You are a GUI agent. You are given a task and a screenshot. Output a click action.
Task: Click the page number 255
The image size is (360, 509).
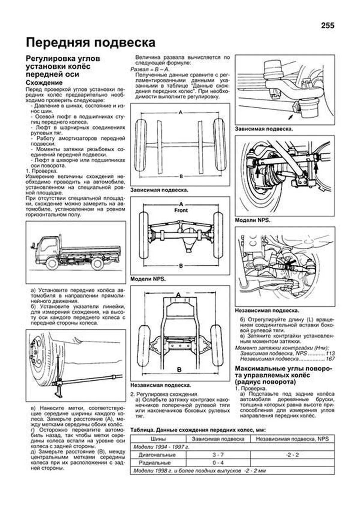pos(327,26)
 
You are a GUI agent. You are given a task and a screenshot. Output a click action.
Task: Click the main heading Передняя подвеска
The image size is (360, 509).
pos(91,43)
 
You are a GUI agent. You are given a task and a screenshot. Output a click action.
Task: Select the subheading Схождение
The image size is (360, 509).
pos(44,82)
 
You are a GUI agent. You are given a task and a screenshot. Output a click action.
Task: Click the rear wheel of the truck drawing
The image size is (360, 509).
pos(97,264)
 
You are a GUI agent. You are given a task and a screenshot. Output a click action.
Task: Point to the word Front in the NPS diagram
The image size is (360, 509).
pos(181,210)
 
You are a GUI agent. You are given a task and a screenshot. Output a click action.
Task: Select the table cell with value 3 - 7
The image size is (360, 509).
pos(218,455)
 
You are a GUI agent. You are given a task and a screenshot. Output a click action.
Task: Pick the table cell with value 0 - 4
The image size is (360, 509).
pos(218,463)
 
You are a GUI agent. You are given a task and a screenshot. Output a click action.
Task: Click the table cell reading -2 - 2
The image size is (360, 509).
pos(292,455)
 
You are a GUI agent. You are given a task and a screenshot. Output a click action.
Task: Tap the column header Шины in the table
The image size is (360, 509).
pos(158,439)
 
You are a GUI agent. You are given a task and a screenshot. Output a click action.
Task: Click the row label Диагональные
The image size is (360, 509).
pos(157,455)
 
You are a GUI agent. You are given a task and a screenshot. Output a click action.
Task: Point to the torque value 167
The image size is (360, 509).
pos(330,359)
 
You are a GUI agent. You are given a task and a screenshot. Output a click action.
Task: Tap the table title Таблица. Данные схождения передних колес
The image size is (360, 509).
pos(197,430)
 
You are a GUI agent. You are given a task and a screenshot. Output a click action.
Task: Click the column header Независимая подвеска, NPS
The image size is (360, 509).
pos(292,439)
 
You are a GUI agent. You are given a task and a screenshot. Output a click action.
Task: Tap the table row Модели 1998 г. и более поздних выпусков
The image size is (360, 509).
pos(199,471)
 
